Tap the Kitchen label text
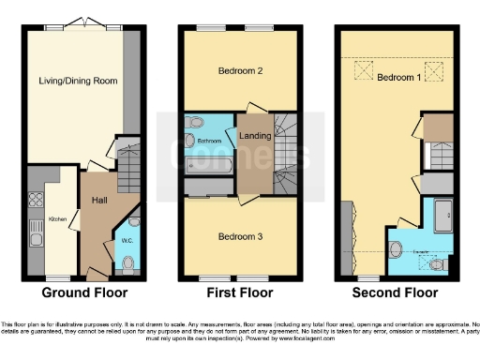(x=58, y=218)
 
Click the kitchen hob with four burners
(x=37, y=199)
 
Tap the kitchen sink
(x=37, y=229)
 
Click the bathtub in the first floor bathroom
(x=210, y=166)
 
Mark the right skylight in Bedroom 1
(x=434, y=69)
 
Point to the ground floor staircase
(x=132, y=159)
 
